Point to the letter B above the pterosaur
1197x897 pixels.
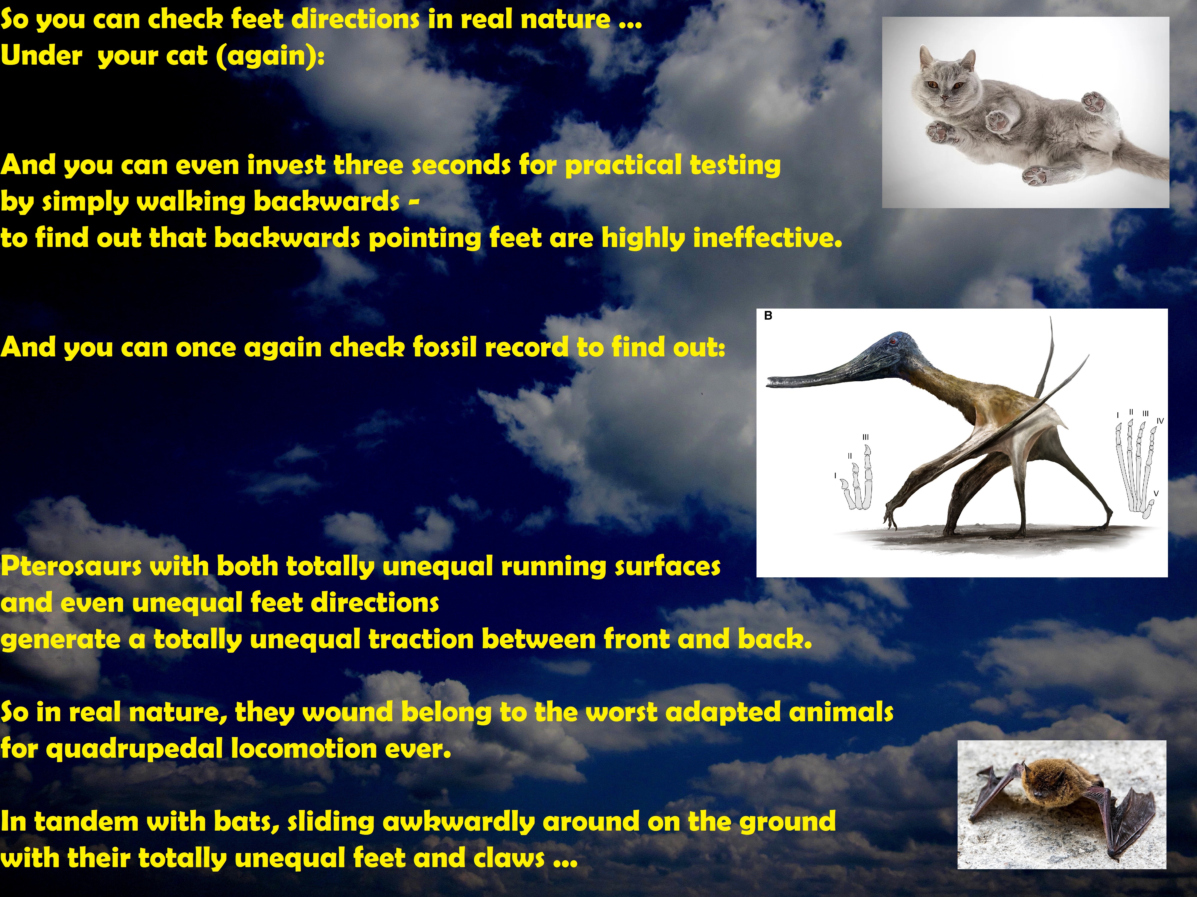768,316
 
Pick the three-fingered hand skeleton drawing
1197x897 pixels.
856,478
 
